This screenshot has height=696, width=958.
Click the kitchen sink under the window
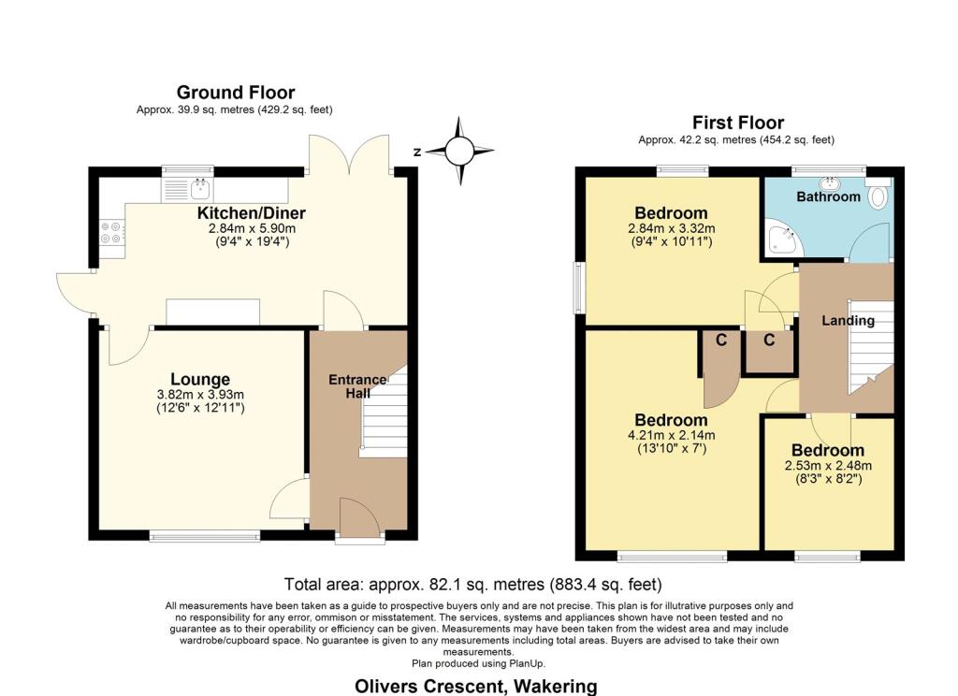187,189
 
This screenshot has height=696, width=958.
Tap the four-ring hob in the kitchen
111,232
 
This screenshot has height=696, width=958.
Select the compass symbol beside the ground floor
459,151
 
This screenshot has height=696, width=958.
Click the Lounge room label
200,380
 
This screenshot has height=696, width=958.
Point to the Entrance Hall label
357,386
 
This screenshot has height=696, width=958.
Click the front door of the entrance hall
359,519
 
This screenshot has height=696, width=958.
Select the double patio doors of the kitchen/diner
350,154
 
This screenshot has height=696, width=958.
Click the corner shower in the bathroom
783,239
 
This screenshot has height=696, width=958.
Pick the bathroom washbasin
829,182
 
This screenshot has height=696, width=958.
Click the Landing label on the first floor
848,320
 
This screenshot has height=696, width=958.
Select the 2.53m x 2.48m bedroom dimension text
828,466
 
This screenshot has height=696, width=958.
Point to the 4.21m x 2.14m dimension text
672,435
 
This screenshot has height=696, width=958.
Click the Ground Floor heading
236,93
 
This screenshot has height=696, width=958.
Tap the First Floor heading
738,123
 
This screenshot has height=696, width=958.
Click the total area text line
472,585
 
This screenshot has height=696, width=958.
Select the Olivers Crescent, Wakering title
476,687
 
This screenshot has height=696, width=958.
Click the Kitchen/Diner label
251,213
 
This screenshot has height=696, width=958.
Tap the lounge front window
205,537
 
